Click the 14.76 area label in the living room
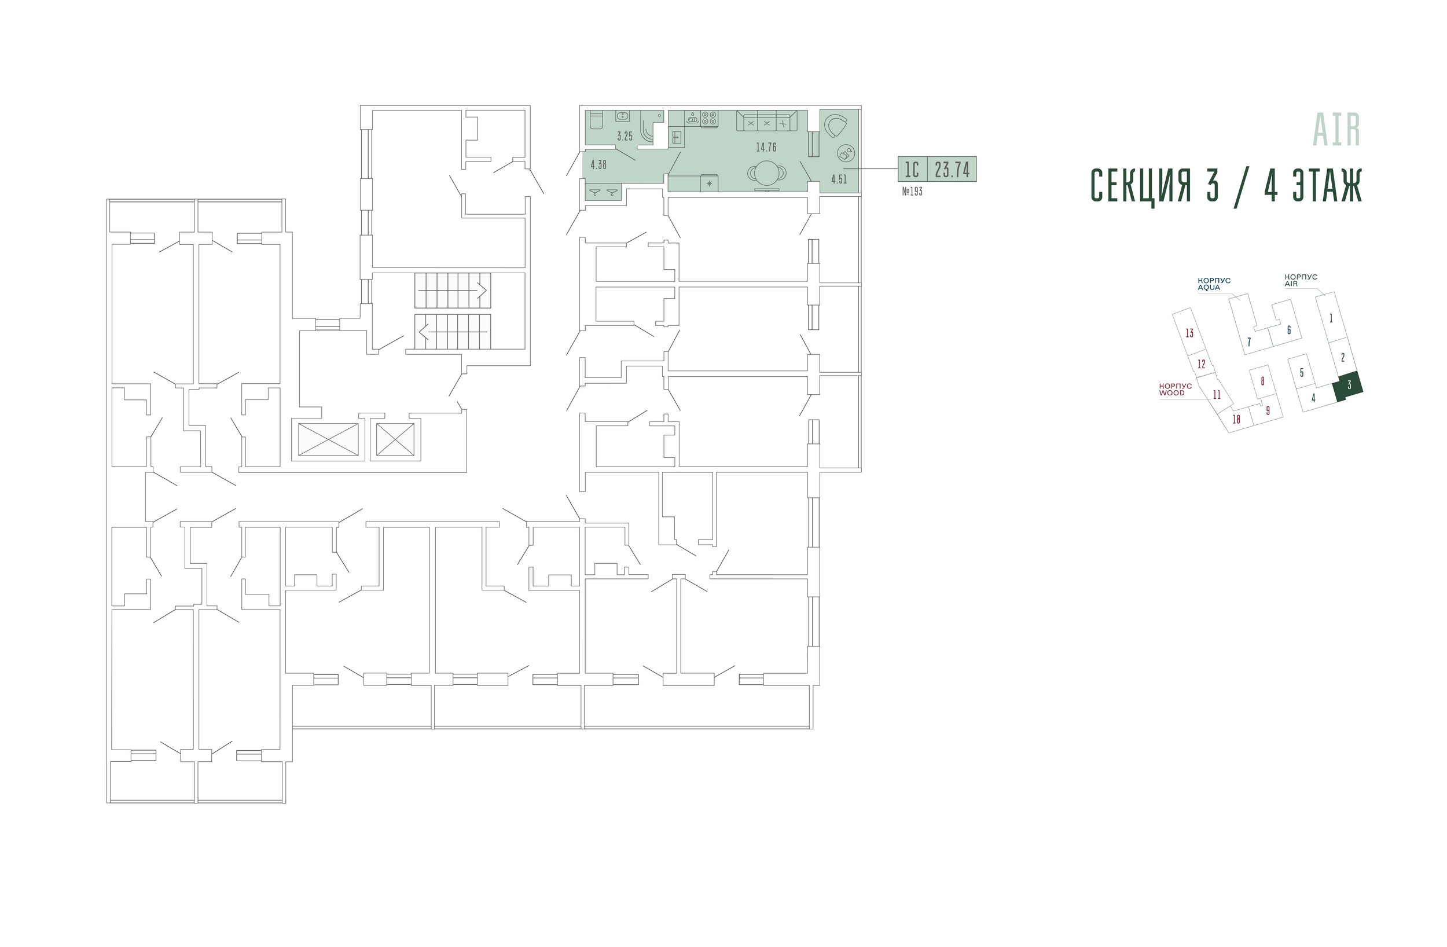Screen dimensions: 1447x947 pyautogui.click(x=766, y=147)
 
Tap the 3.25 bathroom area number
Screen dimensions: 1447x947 pyautogui.click(x=625, y=136)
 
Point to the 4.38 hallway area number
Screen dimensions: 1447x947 pyautogui.click(x=598, y=164)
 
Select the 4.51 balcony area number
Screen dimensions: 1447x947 pyautogui.click(x=839, y=179)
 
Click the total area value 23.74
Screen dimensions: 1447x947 pyautogui.click(x=952, y=169)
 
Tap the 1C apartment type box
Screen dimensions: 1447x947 pyautogui.click(x=912, y=169)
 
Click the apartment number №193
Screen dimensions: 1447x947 pyautogui.click(x=912, y=192)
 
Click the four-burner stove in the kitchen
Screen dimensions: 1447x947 pyautogui.click(x=709, y=119)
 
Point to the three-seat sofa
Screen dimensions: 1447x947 pyautogui.click(x=767, y=121)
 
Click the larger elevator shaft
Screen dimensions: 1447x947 pyautogui.click(x=328, y=439)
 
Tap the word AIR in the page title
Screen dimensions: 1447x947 pyautogui.click(x=1337, y=130)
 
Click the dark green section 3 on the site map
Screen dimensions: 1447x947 pyautogui.click(x=1347, y=386)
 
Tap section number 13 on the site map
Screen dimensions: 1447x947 pyautogui.click(x=1189, y=333)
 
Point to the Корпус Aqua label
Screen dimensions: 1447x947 pyautogui.click(x=1214, y=284)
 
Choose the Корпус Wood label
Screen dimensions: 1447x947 pyautogui.click(x=1175, y=389)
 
